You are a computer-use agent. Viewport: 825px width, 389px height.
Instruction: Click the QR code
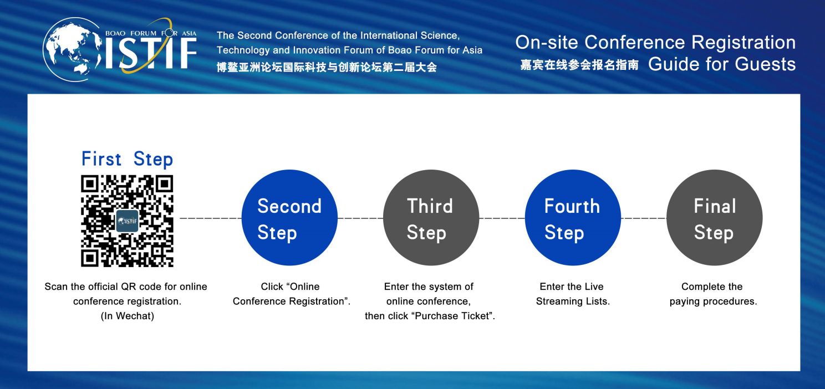point(127,221)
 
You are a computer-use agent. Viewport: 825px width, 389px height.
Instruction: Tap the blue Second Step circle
point(289,218)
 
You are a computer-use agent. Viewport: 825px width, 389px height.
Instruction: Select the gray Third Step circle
point(431,218)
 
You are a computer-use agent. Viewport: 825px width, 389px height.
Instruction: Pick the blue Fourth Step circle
point(573,218)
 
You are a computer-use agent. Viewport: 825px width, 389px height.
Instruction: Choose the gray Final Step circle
point(715,218)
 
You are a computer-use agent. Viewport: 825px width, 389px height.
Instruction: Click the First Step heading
point(127,159)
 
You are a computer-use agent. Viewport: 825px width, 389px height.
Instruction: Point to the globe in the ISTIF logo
point(73,49)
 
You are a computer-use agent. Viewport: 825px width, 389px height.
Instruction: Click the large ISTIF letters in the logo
point(151,54)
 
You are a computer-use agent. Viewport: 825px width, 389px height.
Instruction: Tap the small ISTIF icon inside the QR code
point(127,221)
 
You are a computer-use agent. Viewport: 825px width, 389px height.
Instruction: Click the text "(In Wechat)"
point(128,316)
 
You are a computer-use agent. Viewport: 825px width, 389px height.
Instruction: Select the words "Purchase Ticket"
point(454,316)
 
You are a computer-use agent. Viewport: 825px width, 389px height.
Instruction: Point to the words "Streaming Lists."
point(573,301)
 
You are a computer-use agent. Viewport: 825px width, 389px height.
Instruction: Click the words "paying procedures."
point(714,301)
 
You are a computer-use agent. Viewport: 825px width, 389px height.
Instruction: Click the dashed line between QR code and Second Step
point(211,218)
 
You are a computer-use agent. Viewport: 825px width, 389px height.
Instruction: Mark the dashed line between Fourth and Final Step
point(644,218)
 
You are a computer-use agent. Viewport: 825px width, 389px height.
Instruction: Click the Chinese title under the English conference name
point(327,68)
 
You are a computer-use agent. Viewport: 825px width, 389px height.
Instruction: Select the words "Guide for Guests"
point(722,64)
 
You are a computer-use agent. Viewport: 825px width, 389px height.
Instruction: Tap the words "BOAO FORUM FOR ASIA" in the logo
point(151,33)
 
